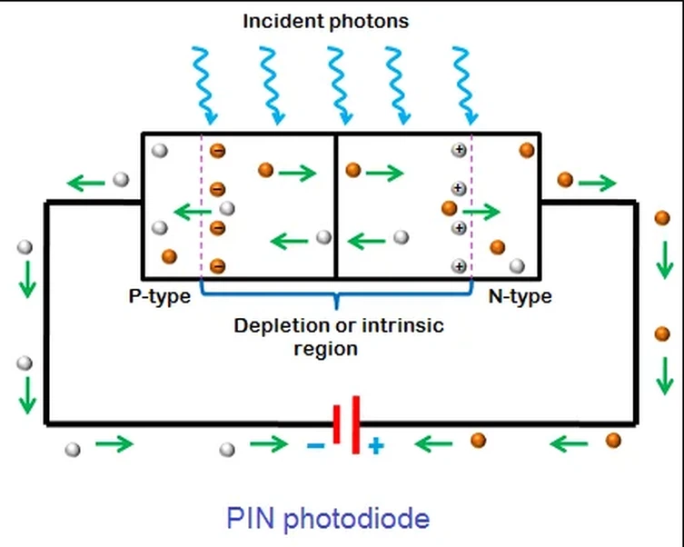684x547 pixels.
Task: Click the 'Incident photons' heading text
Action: [325, 20]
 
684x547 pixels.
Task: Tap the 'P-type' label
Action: [159, 296]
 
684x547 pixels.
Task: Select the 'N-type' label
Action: [520, 296]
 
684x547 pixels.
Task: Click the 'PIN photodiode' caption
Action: [328, 519]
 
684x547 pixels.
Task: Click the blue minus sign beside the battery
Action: [315, 446]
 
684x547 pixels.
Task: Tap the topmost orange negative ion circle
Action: [217, 151]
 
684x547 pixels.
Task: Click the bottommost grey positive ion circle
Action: [460, 266]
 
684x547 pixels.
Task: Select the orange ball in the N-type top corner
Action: [526, 150]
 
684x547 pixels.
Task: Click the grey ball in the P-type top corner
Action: [159, 150]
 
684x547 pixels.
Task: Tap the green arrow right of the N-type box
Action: [597, 184]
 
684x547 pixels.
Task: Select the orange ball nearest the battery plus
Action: [478, 441]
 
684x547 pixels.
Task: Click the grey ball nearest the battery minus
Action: [228, 448]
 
